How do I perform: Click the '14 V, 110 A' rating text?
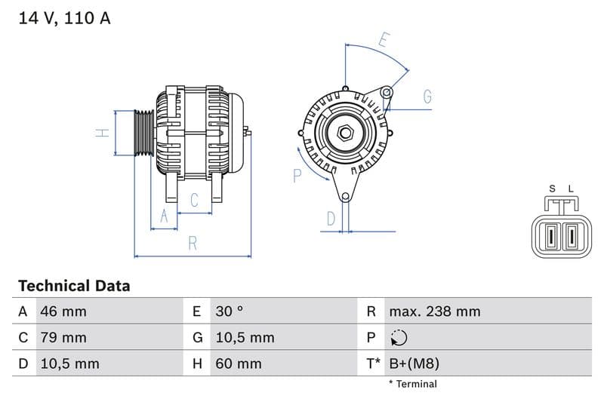pyautogui.click(x=64, y=18)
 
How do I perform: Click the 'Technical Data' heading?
pyautogui.click(x=74, y=286)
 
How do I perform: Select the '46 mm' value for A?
pyautogui.click(x=63, y=311)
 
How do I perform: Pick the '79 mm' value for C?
pyautogui.click(x=63, y=338)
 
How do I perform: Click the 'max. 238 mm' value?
pyautogui.click(x=434, y=311)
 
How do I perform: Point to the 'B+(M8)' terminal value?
pyautogui.click(x=414, y=364)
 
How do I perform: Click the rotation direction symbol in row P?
pyautogui.click(x=399, y=338)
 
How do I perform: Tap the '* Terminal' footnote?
pyautogui.click(x=412, y=384)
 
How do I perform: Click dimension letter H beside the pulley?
pyautogui.click(x=103, y=133)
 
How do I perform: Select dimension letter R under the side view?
pyautogui.click(x=193, y=243)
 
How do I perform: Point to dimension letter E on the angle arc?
pyautogui.click(x=384, y=41)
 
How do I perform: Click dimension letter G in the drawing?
pyautogui.click(x=427, y=96)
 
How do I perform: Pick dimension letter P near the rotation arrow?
pyautogui.click(x=297, y=176)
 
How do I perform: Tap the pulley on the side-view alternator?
pyautogui.click(x=143, y=133)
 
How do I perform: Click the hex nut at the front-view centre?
pyautogui.click(x=345, y=133)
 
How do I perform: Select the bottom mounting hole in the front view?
pyautogui.click(x=345, y=198)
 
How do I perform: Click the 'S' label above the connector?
pyautogui.click(x=552, y=189)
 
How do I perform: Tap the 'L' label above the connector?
pyautogui.click(x=571, y=189)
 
